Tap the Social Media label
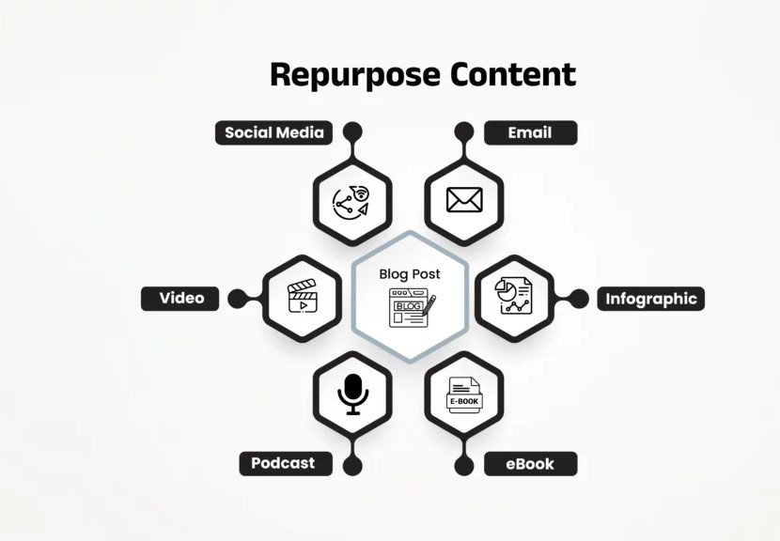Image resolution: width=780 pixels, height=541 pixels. pos(274,132)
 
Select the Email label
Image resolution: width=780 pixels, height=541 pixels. pos(530,132)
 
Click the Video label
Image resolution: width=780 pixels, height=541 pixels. pos(181,299)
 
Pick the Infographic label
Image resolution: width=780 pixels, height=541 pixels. pos(651,299)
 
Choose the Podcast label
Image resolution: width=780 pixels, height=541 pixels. pos(284,463)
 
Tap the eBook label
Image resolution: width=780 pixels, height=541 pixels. pos(530,463)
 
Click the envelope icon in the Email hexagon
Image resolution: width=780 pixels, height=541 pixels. pos(464,200)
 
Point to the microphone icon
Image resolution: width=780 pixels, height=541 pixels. pos(352,394)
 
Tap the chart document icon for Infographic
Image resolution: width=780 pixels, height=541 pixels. pos(513,296)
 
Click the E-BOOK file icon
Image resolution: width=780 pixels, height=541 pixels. pos(463,395)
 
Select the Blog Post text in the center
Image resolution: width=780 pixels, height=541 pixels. pos(410,274)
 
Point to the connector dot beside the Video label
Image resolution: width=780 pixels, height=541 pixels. pos(237,299)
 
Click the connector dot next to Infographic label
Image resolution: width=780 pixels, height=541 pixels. pos(579,299)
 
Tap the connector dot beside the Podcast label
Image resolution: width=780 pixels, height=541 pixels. pos(352,464)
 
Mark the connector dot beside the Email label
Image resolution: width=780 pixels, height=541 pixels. pos(464,131)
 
